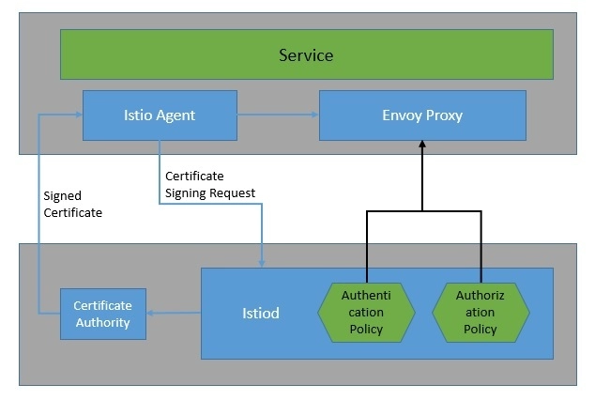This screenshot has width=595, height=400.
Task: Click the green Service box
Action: point(306,54)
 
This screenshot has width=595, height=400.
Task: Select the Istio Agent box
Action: point(159,115)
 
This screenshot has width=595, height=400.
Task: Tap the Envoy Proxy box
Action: point(422,115)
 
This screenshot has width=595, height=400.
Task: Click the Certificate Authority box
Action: point(103,315)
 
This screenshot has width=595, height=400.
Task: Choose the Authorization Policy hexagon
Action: point(481,313)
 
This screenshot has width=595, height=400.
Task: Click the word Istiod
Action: point(260,313)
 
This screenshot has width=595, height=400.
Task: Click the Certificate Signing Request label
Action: point(210,185)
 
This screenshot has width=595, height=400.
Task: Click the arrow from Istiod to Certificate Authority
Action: point(175,315)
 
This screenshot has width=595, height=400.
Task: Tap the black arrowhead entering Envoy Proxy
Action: point(422,146)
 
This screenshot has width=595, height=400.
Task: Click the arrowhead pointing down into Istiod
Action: point(261,261)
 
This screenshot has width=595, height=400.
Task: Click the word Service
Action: point(306,54)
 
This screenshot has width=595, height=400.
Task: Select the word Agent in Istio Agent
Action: point(177,115)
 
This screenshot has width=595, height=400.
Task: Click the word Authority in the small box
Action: point(103,323)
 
